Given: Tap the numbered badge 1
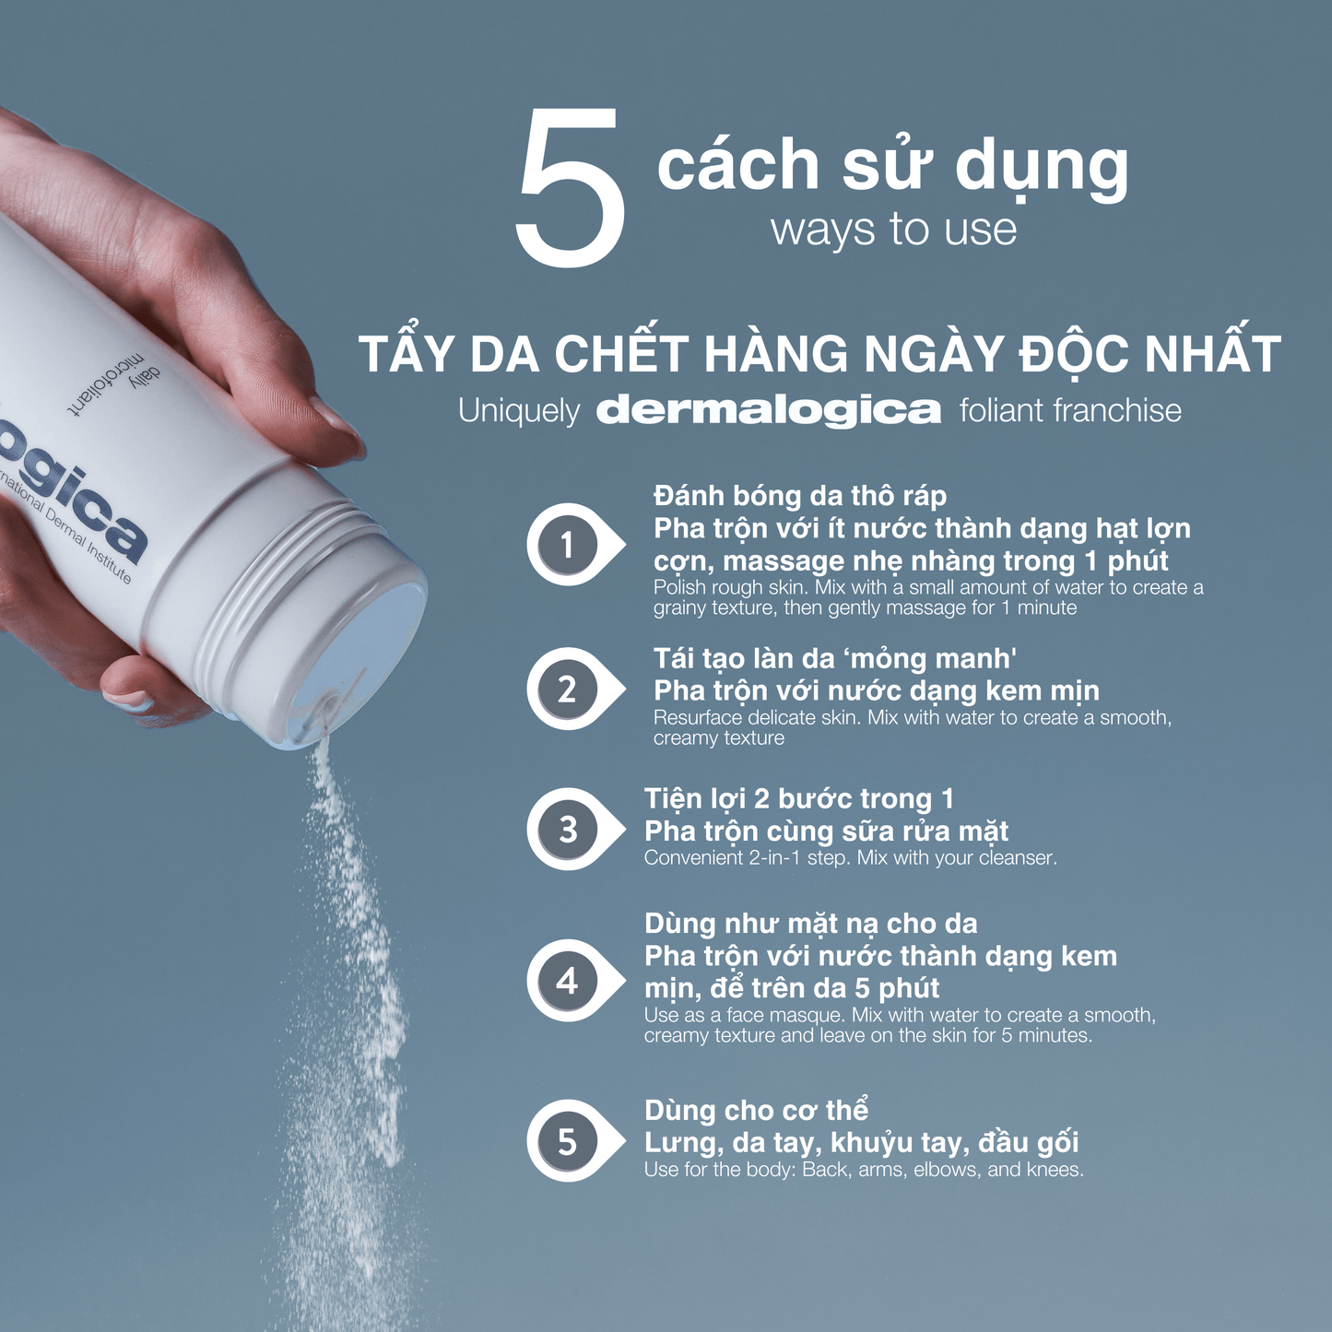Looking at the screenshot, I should tap(567, 545).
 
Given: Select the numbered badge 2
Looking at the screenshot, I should tap(567, 690).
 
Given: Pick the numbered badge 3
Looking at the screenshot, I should tap(567, 830).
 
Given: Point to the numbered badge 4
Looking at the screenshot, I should tap(567, 980).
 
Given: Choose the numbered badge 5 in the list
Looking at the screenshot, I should tap(567, 1142).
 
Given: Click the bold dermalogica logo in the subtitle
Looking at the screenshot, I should tap(769, 410).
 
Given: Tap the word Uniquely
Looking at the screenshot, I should tap(519, 411).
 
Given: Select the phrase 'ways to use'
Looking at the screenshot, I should tap(893, 229).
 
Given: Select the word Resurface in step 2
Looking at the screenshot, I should tap(697, 718).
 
